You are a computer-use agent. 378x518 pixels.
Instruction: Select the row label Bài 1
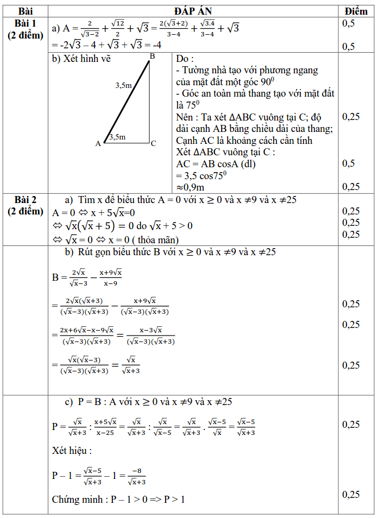[x=26, y=23]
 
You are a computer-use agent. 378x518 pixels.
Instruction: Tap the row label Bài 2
[x=26, y=199]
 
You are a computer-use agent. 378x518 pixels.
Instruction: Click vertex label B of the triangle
[x=153, y=56]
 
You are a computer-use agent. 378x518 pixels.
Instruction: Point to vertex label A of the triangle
[x=98, y=144]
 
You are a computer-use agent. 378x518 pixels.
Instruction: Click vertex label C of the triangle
[x=154, y=144]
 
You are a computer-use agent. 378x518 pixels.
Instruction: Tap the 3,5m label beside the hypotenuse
[x=124, y=85]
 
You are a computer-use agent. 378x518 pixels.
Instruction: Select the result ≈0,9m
[x=190, y=187]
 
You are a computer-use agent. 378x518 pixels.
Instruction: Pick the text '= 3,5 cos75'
[x=199, y=175]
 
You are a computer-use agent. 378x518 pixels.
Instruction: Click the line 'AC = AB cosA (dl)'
[x=216, y=163]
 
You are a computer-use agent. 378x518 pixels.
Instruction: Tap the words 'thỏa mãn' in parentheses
[x=155, y=239]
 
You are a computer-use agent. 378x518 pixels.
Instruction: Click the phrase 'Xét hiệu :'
[x=72, y=451]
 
